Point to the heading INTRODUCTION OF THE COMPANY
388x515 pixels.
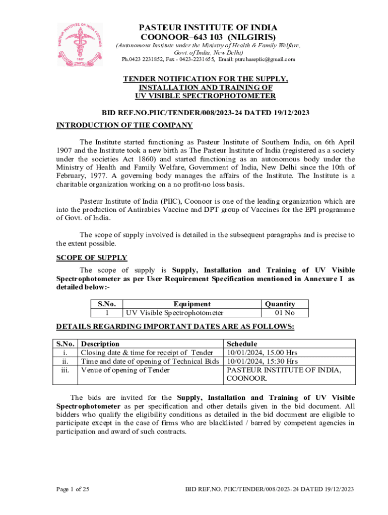[x=124, y=125]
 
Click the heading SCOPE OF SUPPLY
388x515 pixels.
[x=91, y=257]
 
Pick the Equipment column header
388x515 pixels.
[x=192, y=304]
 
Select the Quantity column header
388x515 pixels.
[x=280, y=304]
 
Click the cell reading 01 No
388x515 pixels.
[x=284, y=313]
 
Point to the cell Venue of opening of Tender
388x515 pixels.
[x=125, y=371]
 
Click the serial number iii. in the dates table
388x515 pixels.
[x=64, y=371]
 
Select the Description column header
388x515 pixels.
[x=100, y=344]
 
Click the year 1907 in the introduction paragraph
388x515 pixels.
[x=65, y=150]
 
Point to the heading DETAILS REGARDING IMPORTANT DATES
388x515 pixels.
[x=175, y=327]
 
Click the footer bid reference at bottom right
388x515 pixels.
[x=270, y=489]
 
